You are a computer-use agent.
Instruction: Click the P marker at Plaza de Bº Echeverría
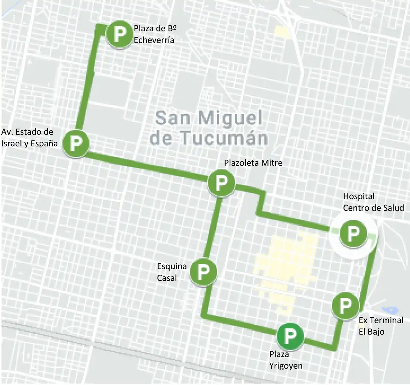click(120, 34)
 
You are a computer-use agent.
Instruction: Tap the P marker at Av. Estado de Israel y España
click(75, 143)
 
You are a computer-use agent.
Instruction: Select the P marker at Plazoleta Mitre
click(221, 183)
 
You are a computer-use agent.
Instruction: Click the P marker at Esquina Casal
click(203, 271)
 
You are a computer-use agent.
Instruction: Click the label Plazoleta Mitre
click(253, 163)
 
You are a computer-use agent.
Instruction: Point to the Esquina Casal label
click(171, 272)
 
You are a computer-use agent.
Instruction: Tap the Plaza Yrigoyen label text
click(285, 360)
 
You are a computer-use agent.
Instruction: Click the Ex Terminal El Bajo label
click(381, 326)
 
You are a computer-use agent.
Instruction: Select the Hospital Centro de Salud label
click(373, 202)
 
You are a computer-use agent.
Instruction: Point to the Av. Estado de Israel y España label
click(29, 138)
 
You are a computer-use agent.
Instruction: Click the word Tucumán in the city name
click(224, 138)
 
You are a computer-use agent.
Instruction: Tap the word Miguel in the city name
click(230, 118)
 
